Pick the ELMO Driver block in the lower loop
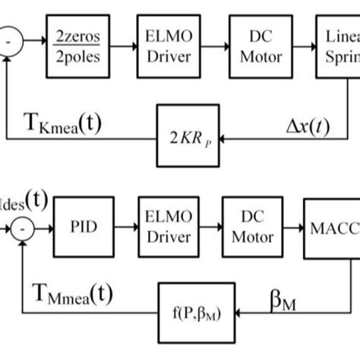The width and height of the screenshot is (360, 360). pyautogui.click(x=165, y=229)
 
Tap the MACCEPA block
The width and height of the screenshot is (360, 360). pyautogui.click(x=331, y=229)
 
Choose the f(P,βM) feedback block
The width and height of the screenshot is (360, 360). pyautogui.click(x=194, y=311)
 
